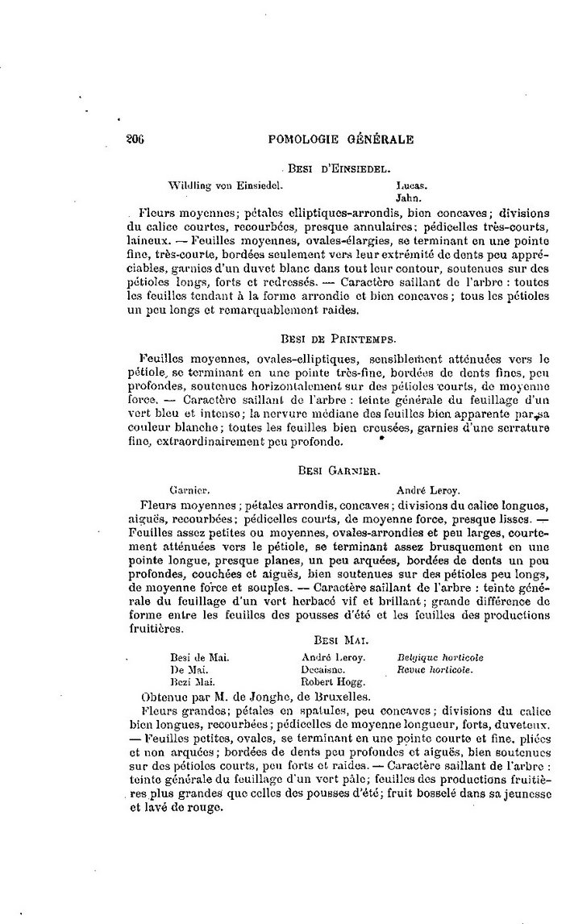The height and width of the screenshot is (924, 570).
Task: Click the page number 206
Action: coord(135,139)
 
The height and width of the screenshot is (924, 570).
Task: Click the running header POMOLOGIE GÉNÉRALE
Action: coord(340,139)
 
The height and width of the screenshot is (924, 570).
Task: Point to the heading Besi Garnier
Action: coord(339,468)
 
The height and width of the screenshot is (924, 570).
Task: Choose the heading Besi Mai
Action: coord(339,640)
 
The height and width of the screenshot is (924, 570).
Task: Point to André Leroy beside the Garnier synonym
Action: coord(428,489)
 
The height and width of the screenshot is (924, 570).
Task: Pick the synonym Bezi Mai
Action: coord(191,681)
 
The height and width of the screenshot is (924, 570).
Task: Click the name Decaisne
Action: coord(323,669)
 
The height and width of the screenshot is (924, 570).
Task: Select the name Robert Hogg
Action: coord(330,681)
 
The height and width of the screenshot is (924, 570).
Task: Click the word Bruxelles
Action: coord(339,695)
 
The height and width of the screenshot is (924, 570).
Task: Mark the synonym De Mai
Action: coord(189,669)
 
